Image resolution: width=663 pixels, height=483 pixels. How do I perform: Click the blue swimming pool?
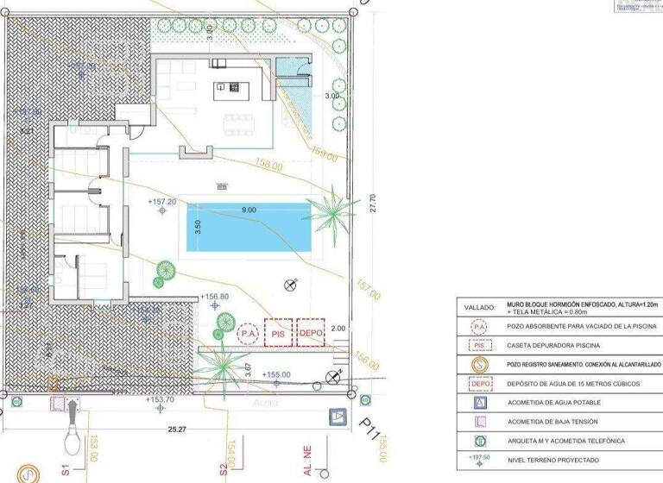249,227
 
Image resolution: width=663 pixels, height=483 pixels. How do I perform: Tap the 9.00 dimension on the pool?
249,210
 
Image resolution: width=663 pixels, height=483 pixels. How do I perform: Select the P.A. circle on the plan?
249,332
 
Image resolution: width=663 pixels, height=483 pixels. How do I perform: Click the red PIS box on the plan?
278,332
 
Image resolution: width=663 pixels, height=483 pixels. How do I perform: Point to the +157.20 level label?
162,201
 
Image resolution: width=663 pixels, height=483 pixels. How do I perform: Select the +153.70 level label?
161,399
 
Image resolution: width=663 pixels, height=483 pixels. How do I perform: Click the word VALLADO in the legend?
480,307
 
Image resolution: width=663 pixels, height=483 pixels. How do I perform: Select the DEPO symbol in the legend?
480,383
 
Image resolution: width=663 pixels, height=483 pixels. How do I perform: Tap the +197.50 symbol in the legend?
480,460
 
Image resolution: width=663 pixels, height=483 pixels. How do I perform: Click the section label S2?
222,470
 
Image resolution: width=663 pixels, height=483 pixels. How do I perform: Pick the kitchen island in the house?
231,86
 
